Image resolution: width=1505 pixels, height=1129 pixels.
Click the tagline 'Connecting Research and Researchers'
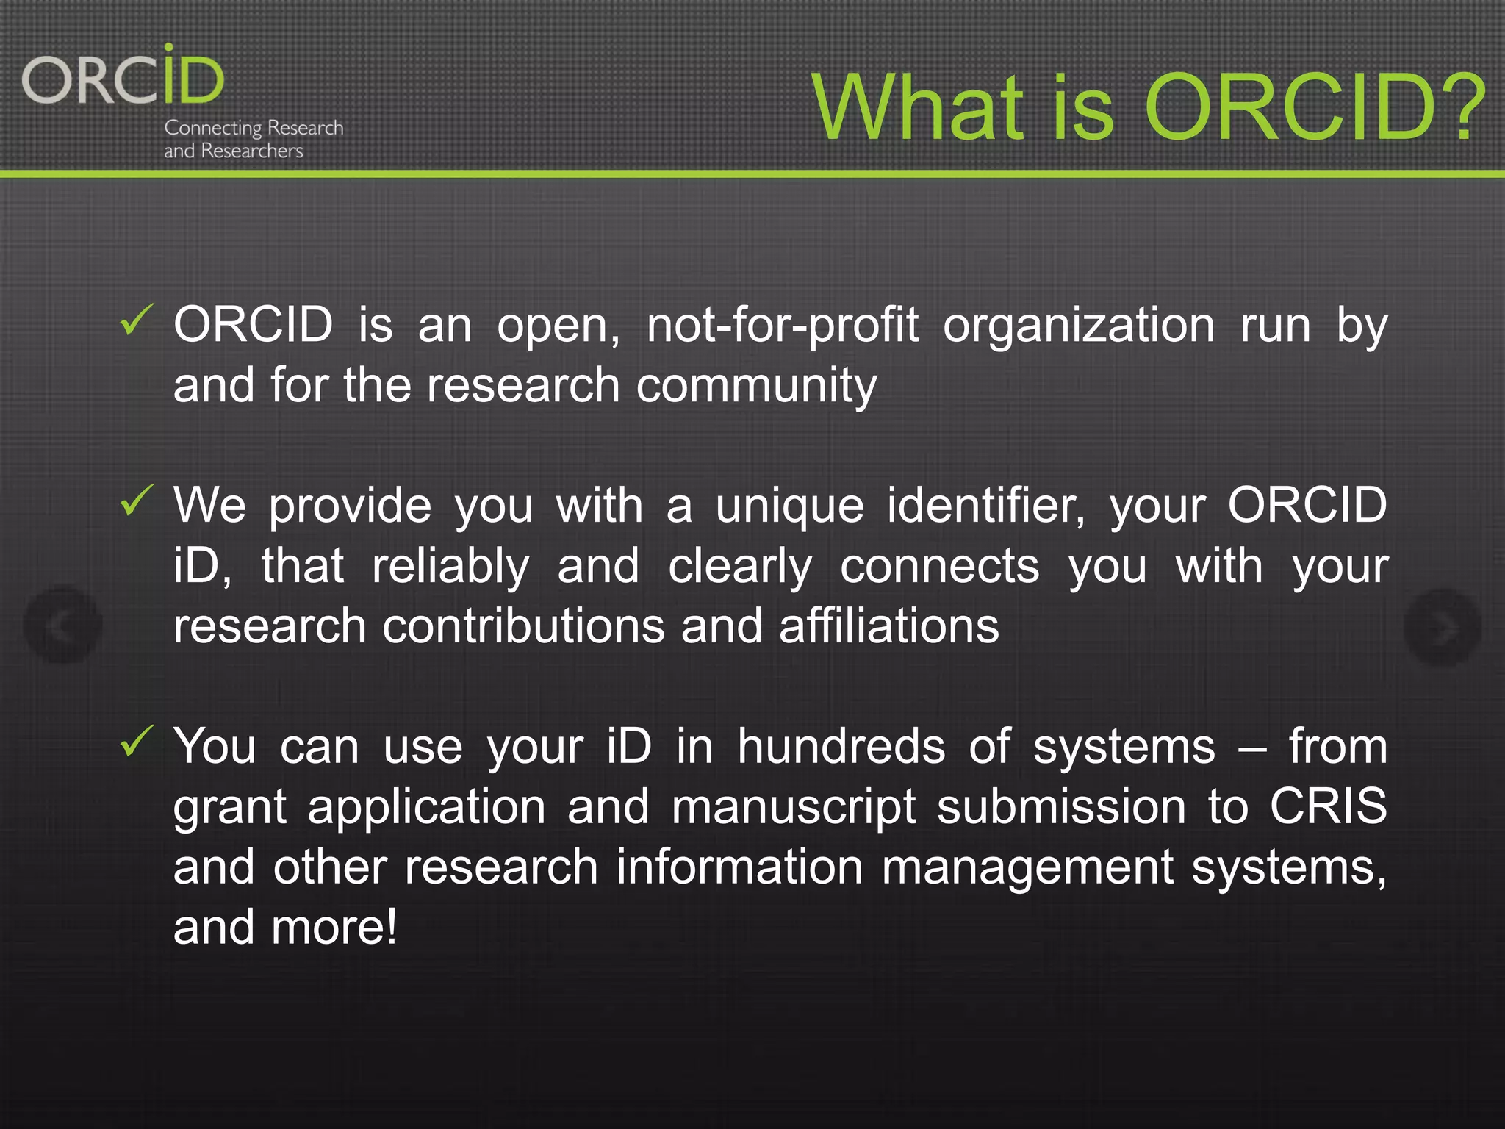(254, 139)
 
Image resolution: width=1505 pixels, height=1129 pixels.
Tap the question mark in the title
(1462, 109)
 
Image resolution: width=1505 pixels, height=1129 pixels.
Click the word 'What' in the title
(919, 109)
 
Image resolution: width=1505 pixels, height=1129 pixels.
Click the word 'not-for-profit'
(782, 326)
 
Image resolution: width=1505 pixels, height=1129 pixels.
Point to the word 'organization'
(1079, 326)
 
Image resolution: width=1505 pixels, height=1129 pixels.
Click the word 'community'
(756, 386)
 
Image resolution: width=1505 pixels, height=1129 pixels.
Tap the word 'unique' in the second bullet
(789, 507)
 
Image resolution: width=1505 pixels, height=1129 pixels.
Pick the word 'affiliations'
(888, 626)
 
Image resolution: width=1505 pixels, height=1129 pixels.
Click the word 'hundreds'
(841, 747)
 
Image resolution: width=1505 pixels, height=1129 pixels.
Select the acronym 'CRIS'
(1328, 807)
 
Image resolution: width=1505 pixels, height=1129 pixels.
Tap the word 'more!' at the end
(334, 928)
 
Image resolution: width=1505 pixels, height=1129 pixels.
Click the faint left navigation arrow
(62, 626)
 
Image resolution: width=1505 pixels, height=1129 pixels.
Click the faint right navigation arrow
(1442, 628)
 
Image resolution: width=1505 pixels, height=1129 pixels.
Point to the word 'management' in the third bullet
(1027, 867)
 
